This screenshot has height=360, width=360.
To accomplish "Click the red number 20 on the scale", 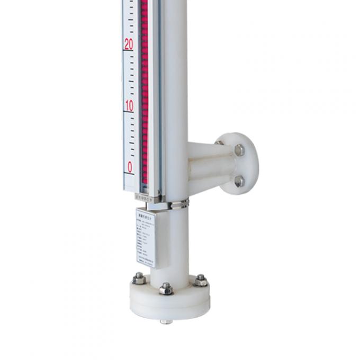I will tap(129, 44).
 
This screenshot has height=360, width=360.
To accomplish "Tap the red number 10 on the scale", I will tap(129, 106).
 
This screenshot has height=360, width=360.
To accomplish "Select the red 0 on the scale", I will tap(130, 167).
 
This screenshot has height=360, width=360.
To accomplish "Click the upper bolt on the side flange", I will tap(239, 150).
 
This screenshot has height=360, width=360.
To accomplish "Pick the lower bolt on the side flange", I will tap(239, 181).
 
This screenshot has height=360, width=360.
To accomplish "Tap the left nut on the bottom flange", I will tap(139, 278).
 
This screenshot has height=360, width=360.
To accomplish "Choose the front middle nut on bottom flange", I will tap(166, 289).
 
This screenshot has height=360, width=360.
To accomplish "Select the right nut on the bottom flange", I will tap(201, 280).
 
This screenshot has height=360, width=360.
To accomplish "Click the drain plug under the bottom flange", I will tap(166, 321).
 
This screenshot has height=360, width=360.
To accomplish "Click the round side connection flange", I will tap(238, 164).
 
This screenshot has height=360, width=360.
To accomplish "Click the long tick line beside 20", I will tap(129, 51).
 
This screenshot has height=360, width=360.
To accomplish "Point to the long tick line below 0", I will tap(129, 174).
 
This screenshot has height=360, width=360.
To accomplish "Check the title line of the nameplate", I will tap(146, 214).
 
